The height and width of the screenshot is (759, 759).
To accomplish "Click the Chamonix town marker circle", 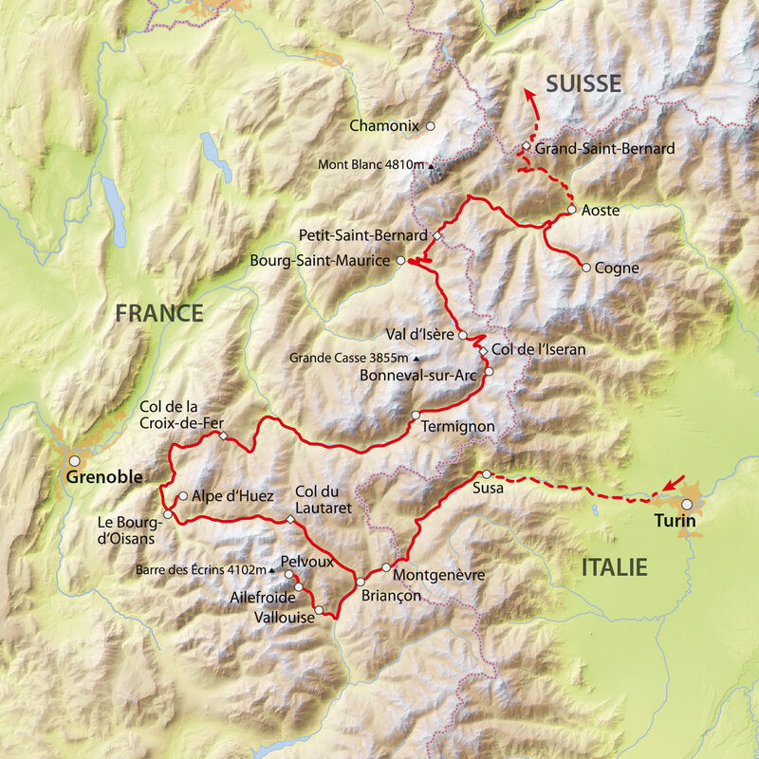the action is (430, 125).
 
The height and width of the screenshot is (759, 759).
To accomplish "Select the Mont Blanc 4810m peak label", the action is (371, 164).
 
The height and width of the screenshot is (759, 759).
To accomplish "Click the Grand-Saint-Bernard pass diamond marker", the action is (525, 146).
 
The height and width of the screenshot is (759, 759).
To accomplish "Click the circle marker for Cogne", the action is (586, 268).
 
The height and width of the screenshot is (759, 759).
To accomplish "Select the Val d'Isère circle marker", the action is (463, 335).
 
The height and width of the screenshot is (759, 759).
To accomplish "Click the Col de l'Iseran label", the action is (538, 350).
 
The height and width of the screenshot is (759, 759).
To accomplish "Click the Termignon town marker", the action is (416, 415).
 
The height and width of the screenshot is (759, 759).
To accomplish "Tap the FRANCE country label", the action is (159, 313).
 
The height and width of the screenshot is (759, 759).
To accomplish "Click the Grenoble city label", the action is (104, 477).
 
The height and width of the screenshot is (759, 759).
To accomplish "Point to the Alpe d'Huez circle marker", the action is (181, 495).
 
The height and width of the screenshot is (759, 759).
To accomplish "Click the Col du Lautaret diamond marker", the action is (290, 518).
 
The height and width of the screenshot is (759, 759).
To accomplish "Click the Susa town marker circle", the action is (487, 473).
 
